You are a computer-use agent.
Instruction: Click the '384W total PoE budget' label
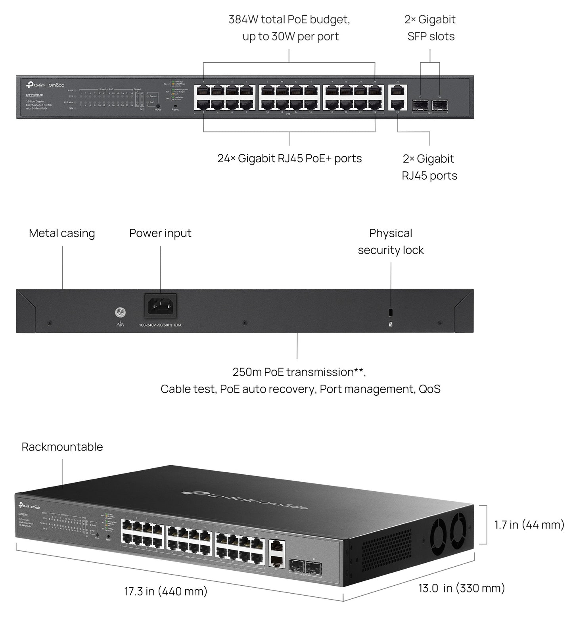289,19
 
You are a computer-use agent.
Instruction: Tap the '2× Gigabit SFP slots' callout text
430,28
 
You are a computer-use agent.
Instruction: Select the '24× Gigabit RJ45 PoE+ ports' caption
289,159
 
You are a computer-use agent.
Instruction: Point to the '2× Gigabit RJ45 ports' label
429,167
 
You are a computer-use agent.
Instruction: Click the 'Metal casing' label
62,233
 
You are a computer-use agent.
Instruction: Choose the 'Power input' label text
160,233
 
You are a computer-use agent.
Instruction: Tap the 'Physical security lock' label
391,241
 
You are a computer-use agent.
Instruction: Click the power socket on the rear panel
160,306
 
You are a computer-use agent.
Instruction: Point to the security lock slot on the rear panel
391,312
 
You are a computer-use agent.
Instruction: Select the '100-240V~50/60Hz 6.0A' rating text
160,325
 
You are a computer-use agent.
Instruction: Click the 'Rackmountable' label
62,447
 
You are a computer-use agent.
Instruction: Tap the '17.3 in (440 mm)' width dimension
166,592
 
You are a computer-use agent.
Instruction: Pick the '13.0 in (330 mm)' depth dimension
462,588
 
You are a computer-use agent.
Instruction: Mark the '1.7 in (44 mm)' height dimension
529,525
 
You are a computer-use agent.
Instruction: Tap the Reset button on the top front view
175,106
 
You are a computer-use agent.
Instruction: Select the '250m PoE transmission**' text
299,372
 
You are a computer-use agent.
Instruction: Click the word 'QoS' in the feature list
429,389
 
